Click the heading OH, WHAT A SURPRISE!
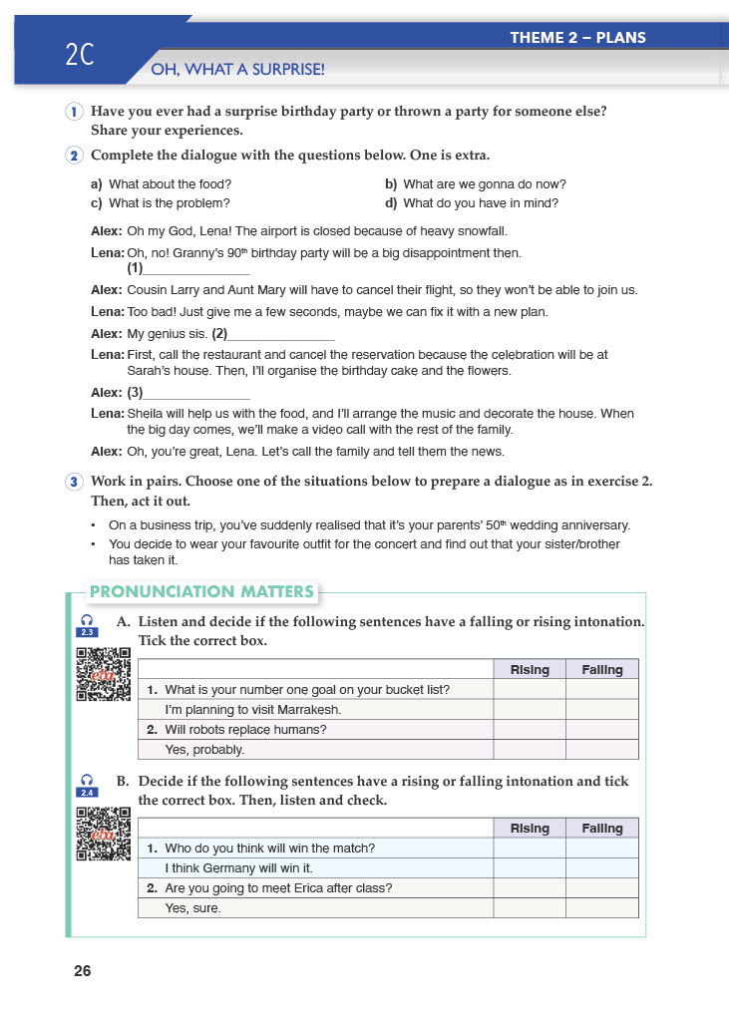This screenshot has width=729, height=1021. (x=237, y=70)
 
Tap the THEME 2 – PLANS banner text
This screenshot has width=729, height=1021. (x=577, y=38)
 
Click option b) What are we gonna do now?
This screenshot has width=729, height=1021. (x=476, y=183)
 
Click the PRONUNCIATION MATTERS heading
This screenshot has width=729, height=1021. (x=202, y=592)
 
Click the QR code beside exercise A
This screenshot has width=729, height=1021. (x=104, y=674)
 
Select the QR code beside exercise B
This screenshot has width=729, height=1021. (x=104, y=833)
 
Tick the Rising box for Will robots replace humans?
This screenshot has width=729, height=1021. (x=530, y=729)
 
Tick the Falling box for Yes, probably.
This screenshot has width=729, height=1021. (x=601, y=749)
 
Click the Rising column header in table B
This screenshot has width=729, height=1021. (x=530, y=829)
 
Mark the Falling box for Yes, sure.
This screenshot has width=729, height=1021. (x=601, y=908)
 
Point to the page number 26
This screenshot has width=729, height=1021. (x=82, y=971)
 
